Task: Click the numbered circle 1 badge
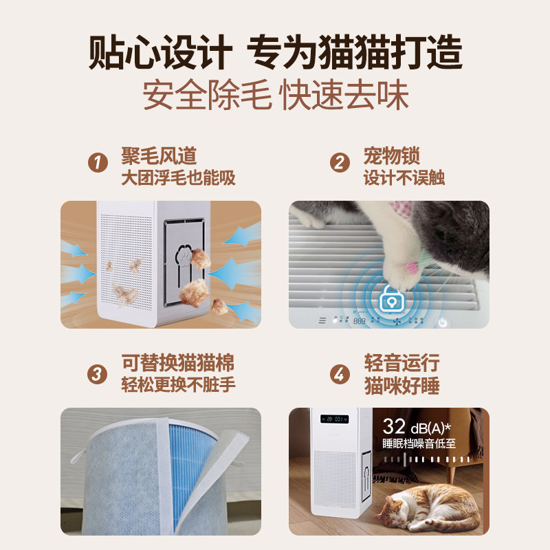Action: pyautogui.click(x=98, y=162)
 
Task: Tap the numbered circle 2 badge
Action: pyautogui.click(x=340, y=162)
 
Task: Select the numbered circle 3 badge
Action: pyautogui.click(x=97, y=374)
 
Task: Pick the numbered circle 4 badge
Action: pyautogui.click(x=340, y=374)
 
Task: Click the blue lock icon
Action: pyautogui.click(x=391, y=299)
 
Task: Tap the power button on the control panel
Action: pyautogui.click(x=443, y=322)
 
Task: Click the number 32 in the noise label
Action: pyautogui.click(x=394, y=426)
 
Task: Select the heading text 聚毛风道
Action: pyautogui.click(x=159, y=156)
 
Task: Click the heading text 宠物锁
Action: pyautogui.click(x=391, y=156)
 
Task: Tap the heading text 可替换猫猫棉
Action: pyautogui.click(x=178, y=363)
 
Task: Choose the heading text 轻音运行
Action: pyautogui.click(x=401, y=363)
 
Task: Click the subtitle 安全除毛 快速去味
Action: pyautogui.click(x=276, y=95)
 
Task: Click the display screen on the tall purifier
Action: pyautogui.click(x=334, y=419)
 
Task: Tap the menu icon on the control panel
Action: pyautogui.click(x=322, y=320)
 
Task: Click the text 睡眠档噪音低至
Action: pyautogui.click(x=419, y=443)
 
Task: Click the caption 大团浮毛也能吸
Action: pyautogui.click(x=178, y=177)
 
